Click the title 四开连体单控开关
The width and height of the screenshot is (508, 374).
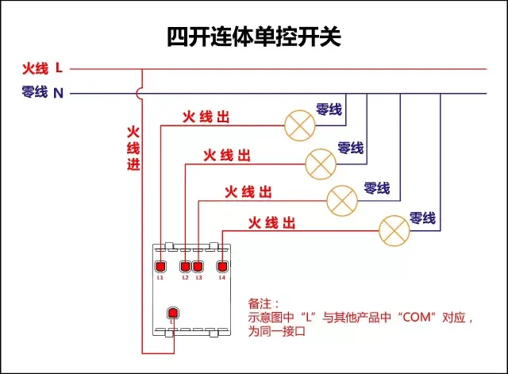tap(253, 37)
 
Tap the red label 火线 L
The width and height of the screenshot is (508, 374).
tap(42, 69)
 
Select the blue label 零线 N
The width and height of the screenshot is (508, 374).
tap(42, 93)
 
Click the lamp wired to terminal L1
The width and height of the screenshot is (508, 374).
tap(300, 124)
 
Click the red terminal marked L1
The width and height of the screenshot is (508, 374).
tap(160, 266)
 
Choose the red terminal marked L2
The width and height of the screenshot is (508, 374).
tap(186, 266)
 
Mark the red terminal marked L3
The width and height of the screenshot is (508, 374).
tap(198, 266)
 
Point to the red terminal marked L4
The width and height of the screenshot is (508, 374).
tap(222, 266)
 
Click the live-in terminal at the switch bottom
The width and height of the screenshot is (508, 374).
tap(171, 314)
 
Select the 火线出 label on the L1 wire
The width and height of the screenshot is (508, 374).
tap(206, 118)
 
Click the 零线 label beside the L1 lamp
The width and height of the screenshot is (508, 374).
tap(329, 110)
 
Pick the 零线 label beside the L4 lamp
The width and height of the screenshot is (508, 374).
tap(422, 218)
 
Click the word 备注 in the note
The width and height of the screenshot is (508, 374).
tap(260, 304)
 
